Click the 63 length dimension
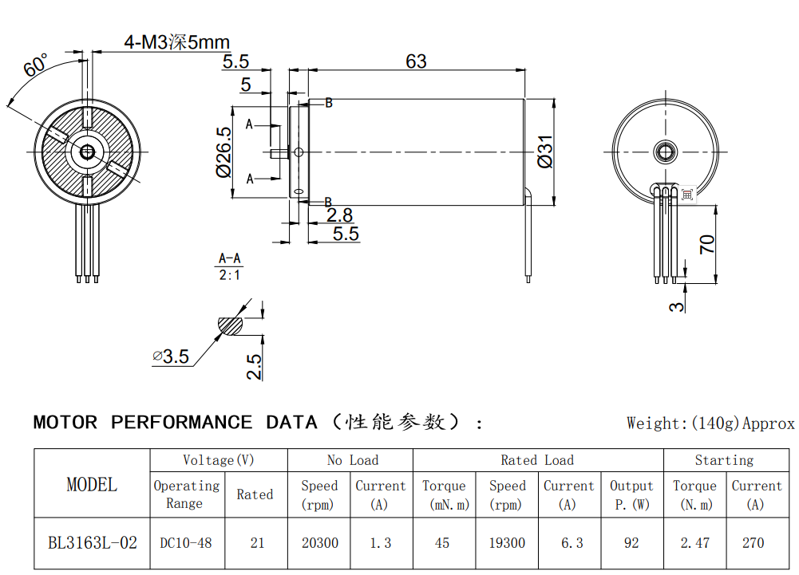(x=416, y=61)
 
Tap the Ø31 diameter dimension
(x=546, y=151)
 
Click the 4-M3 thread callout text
(x=176, y=42)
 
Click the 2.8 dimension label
(x=339, y=215)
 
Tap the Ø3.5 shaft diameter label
(x=172, y=356)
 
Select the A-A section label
(x=230, y=259)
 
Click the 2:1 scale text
(x=230, y=275)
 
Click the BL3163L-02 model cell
(x=92, y=543)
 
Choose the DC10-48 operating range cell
(x=186, y=543)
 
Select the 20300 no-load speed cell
(x=319, y=543)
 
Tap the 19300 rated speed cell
(x=507, y=543)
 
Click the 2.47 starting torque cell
(x=694, y=543)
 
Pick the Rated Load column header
(x=537, y=460)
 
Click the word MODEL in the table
(x=92, y=484)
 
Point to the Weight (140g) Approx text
(x=710, y=423)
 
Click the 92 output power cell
(x=631, y=543)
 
